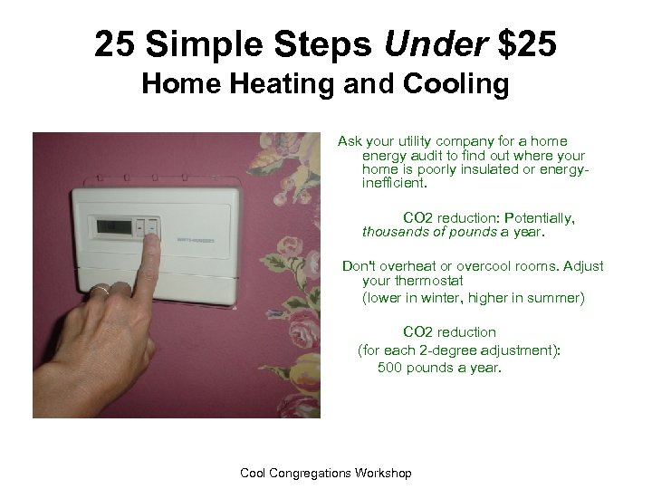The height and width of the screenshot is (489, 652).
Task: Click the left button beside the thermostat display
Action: [x=140, y=226]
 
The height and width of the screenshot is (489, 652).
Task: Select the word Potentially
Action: [x=541, y=218]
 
